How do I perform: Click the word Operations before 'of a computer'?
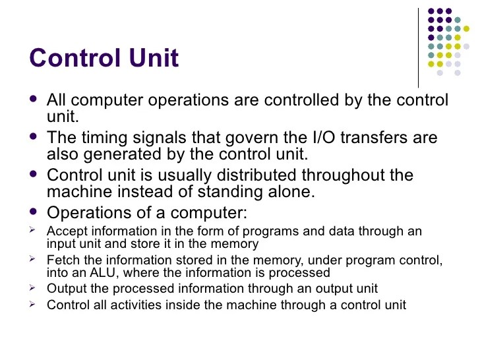pyautogui.click(x=89, y=214)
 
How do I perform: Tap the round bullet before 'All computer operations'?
pyautogui.click(x=34, y=100)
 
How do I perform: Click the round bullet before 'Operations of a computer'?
pyautogui.click(x=34, y=212)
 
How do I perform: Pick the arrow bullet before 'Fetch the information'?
pyautogui.click(x=34, y=259)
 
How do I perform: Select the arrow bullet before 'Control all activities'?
pyautogui.click(x=34, y=304)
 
